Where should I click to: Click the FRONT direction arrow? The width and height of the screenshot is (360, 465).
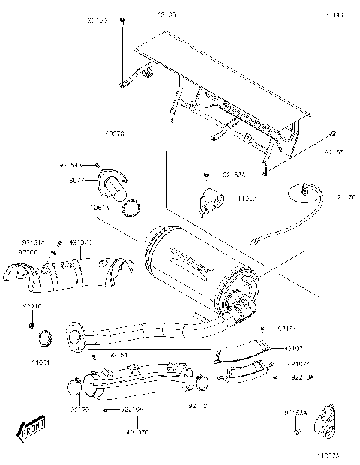30,430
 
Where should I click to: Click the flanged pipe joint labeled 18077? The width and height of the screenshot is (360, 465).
113,181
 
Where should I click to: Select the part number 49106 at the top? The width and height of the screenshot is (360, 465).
167,14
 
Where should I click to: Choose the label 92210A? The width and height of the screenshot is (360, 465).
303,377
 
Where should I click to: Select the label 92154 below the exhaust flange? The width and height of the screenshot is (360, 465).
118,353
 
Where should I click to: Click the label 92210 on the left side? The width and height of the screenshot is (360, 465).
32,306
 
